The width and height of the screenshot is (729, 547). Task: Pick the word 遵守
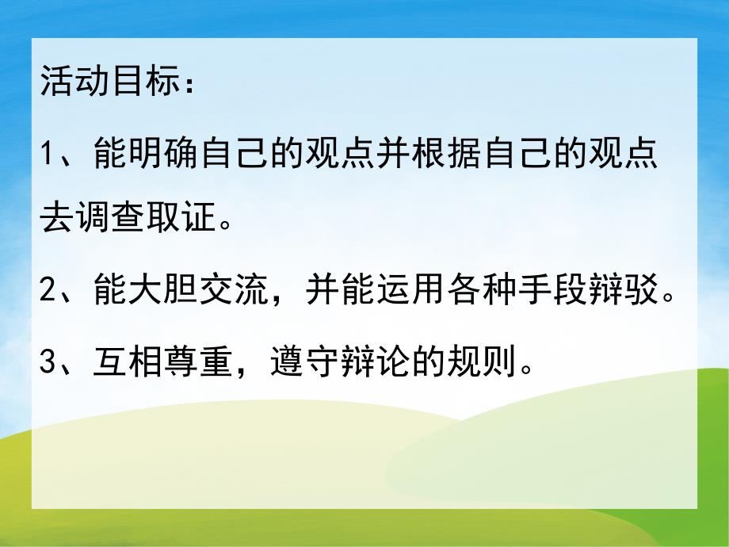point(306,365)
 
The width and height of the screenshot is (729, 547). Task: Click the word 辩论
point(376,365)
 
